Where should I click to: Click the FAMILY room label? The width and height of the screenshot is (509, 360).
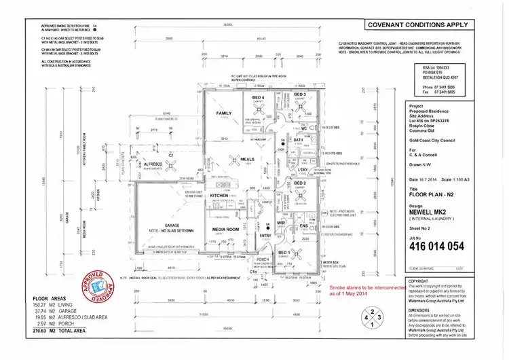[x=223, y=113]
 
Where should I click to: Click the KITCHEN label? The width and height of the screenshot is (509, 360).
[x=220, y=196]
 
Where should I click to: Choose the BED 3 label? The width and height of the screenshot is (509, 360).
[x=300, y=94]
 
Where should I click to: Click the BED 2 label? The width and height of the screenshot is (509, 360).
[x=300, y=183]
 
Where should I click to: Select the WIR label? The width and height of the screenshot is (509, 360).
[x=279, y=222]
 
